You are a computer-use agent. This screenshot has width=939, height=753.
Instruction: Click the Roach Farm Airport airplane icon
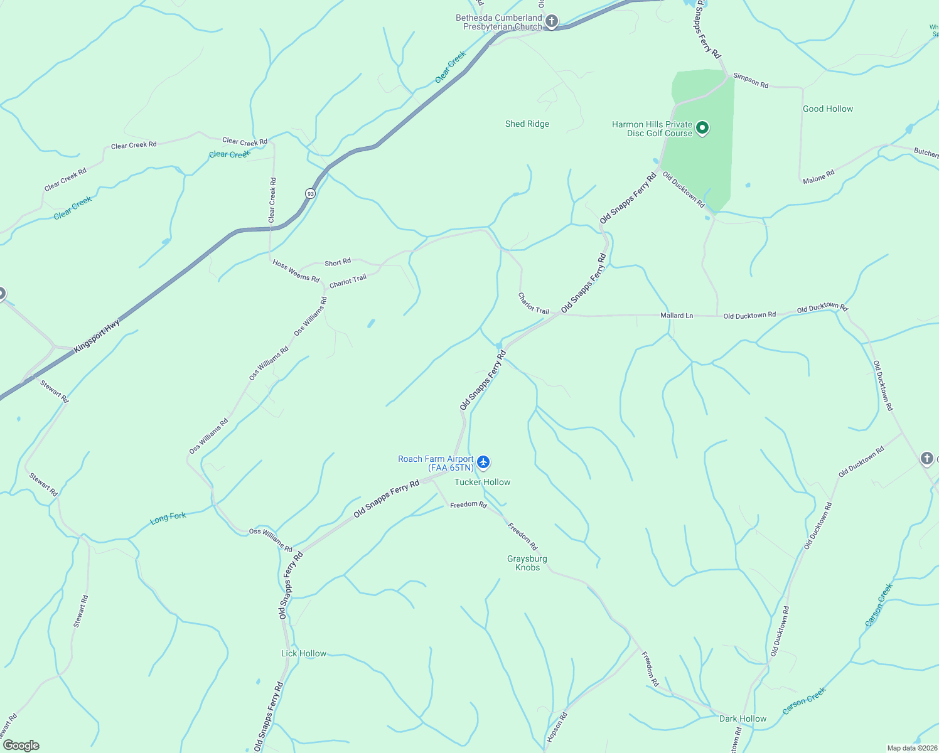pos(483,462)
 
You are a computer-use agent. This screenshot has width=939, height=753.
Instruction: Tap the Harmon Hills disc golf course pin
pos(702,129)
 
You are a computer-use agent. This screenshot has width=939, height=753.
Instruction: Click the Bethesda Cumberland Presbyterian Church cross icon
pos(551,22)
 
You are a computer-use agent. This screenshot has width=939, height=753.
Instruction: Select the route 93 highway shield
pos(311,193)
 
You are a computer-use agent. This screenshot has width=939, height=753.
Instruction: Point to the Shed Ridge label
pos(527,124)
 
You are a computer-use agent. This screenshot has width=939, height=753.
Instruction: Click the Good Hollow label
pos(828,109)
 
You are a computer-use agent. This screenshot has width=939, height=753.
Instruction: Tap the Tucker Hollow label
pos(482,482)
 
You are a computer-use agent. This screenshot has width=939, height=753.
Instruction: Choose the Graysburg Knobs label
pos(527,563)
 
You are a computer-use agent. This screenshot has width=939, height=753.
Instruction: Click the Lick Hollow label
pos(304,653)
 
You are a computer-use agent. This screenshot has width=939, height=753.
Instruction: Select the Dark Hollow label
pos(743,718)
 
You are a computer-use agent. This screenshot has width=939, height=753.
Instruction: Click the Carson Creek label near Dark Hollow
pos(804,701)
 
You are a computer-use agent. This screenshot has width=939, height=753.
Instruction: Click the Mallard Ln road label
pos(677,316)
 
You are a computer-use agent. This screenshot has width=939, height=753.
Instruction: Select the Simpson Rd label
pos(751,80)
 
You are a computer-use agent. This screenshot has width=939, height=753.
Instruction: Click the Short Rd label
pos(338,262)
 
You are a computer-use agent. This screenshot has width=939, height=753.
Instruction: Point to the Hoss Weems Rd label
pos(296,271)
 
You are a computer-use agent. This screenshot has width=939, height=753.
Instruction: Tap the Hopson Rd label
pos(557,727)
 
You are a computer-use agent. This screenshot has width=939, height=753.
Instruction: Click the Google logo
pos(21,745)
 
